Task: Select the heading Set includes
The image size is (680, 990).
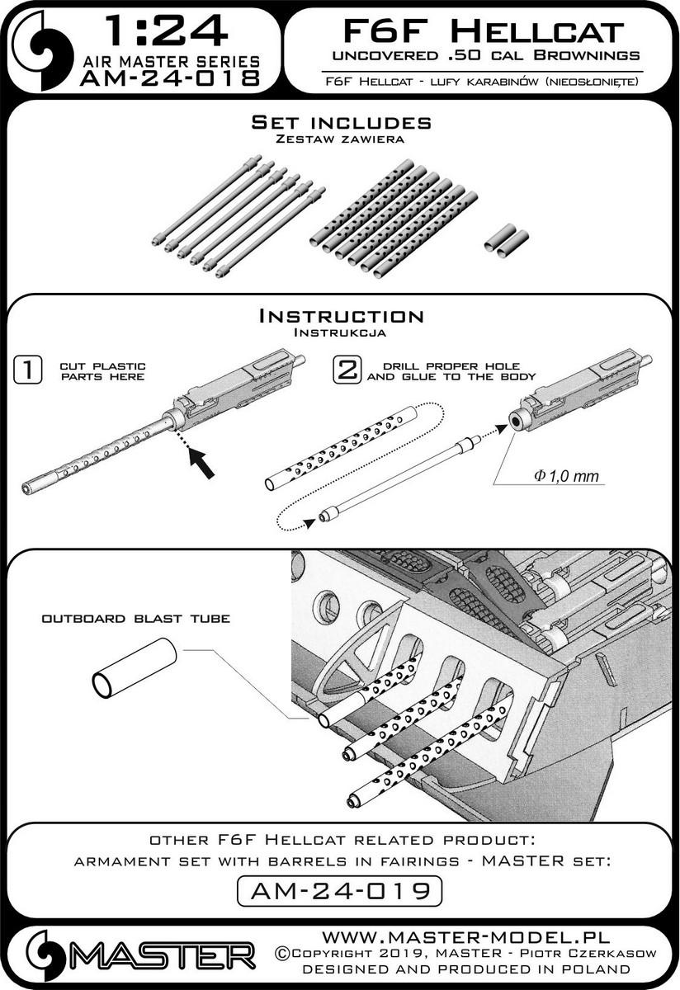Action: coord(341,123)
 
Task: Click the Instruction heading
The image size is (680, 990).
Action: coord(341,316)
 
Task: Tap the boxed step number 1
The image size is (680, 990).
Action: coord(29,370)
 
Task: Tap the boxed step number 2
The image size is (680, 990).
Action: coord(346,370)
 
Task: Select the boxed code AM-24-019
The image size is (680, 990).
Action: coord(339,890)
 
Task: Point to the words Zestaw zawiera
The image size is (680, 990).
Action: coord(341,139)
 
